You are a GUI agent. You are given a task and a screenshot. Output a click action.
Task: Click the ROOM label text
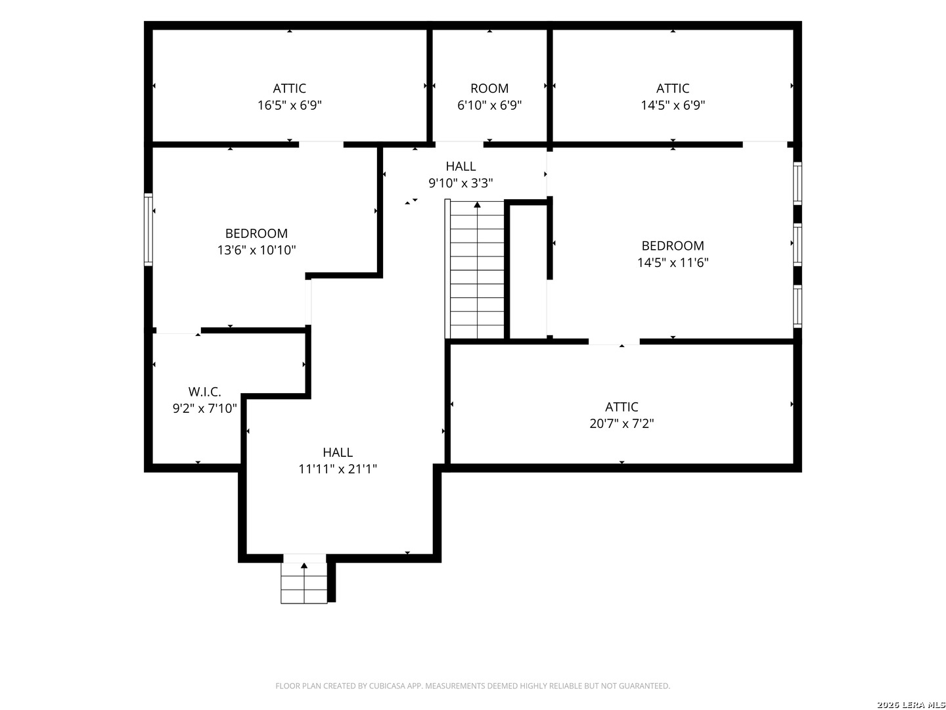pos(489,88)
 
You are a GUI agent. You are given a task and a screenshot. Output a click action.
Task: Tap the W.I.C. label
pos(204,392)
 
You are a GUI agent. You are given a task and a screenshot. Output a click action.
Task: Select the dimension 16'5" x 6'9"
pos(290,105)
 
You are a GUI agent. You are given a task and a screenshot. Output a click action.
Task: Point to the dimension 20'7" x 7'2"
pos(621,423)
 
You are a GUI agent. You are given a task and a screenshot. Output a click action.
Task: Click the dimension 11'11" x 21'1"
pos(338,469)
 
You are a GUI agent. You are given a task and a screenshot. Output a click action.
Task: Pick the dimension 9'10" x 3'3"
pos(461,183)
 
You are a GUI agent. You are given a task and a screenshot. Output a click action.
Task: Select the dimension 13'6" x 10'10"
pos(256,250)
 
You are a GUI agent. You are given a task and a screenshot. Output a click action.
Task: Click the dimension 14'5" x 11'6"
pos(673,262)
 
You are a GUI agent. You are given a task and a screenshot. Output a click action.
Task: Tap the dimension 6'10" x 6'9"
pos(489,105)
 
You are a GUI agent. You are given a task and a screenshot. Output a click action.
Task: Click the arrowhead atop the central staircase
pos(477,204)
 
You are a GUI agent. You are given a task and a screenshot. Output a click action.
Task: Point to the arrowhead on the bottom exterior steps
pos(304,565)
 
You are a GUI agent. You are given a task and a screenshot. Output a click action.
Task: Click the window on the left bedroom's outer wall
pos(148,229)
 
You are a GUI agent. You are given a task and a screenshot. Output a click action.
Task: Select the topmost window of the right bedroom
pos(798,183)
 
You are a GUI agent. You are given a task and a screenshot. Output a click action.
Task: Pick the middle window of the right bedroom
pos(798,245)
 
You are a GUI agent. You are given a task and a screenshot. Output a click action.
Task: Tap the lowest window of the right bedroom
pos(798,306)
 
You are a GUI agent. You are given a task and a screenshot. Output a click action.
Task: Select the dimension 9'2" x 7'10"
pos(204,408)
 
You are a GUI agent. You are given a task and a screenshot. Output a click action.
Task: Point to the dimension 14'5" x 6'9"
pos(673,105)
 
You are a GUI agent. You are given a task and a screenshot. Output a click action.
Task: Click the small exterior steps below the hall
pos(304,583)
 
